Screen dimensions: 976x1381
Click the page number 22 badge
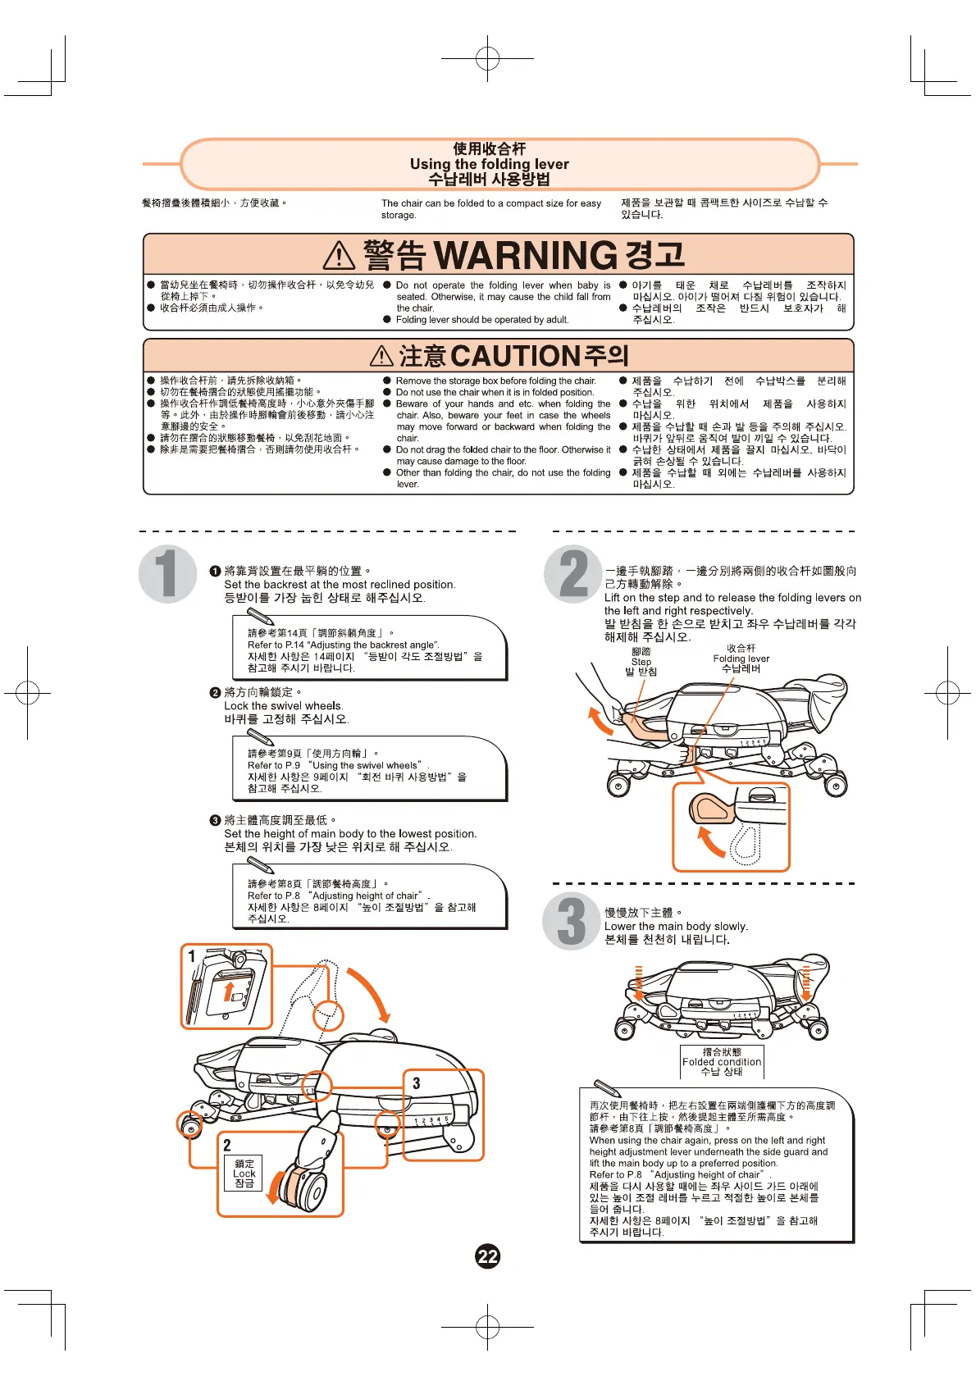click(487, 1256)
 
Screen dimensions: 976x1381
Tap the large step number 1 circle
click(167, 573)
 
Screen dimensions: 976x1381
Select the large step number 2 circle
click(573, 573)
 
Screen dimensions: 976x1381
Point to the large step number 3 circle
click(572, 922)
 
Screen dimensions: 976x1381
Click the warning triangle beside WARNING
click(339, 256)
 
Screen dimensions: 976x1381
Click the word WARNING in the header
click(525, 256)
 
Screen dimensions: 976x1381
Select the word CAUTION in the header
click(516, 356)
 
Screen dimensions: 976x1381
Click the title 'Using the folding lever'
click(489, 164)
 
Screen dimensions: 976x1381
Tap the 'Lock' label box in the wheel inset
click(244, 1174)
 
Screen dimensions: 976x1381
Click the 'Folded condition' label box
click(722, 1061)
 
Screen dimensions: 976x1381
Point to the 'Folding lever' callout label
click(741, 659)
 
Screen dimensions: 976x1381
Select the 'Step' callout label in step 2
click(641, 662)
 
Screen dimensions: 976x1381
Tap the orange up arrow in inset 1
click(229, 990)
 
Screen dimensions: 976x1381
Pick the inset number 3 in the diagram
click(417, 1083)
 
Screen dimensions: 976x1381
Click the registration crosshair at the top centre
click(487, 59)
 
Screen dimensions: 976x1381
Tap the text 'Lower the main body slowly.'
click(676, 926)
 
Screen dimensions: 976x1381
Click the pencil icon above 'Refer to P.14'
click(260, 617)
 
